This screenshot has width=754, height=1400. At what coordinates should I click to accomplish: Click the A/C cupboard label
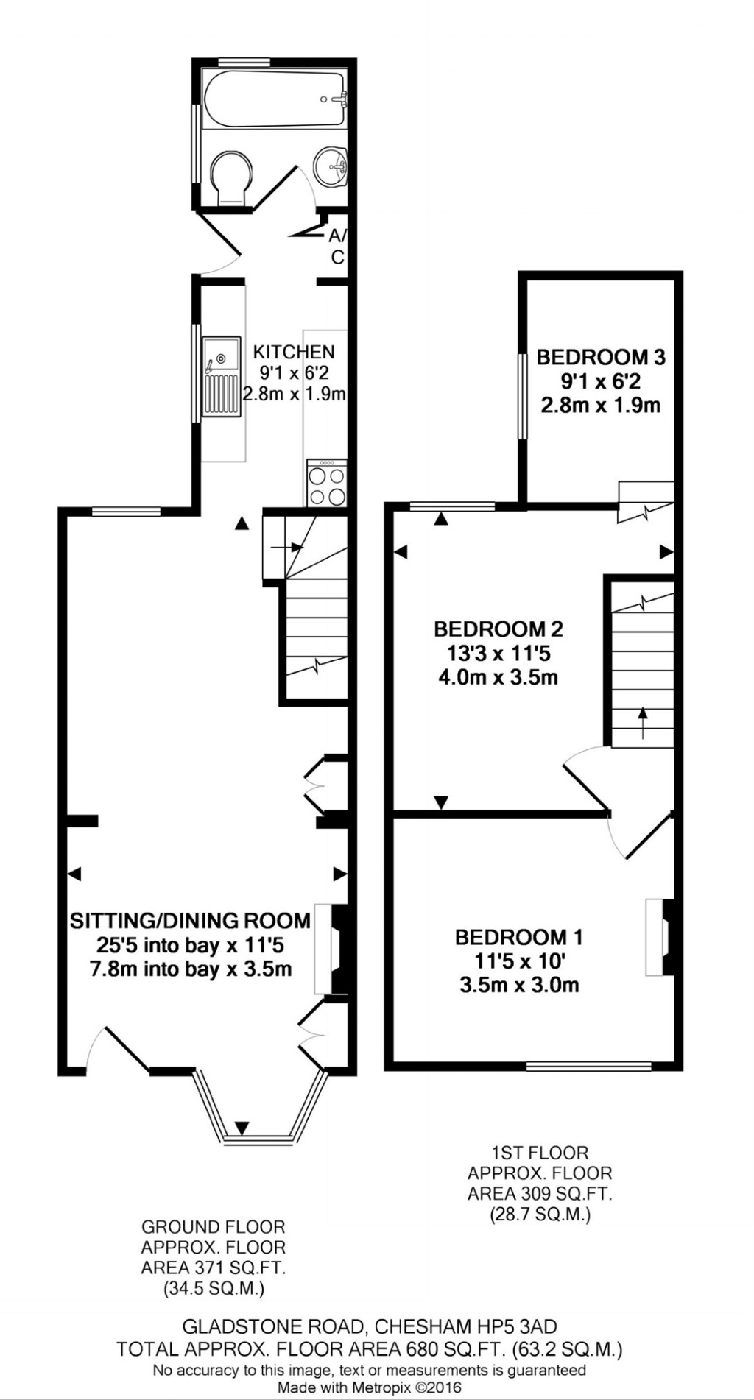point(337,247)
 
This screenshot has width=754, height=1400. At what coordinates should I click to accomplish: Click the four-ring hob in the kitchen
point(327,484)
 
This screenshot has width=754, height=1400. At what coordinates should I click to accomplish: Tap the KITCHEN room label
point(294,352)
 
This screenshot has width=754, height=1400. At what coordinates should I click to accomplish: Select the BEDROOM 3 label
point(601,358)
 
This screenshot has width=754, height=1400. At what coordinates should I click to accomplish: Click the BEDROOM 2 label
point(498,629)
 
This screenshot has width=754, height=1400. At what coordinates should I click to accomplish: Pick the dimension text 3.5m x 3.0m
point(519,985)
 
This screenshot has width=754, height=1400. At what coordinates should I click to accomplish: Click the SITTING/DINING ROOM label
point(190,921)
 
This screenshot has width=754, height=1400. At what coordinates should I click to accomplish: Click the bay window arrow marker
point(242,1127)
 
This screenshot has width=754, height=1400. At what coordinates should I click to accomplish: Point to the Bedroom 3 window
point(522,396)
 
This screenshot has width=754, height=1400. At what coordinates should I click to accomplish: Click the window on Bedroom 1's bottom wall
point(588,1065)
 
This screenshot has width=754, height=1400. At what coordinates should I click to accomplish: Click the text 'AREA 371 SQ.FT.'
point(214,1268)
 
